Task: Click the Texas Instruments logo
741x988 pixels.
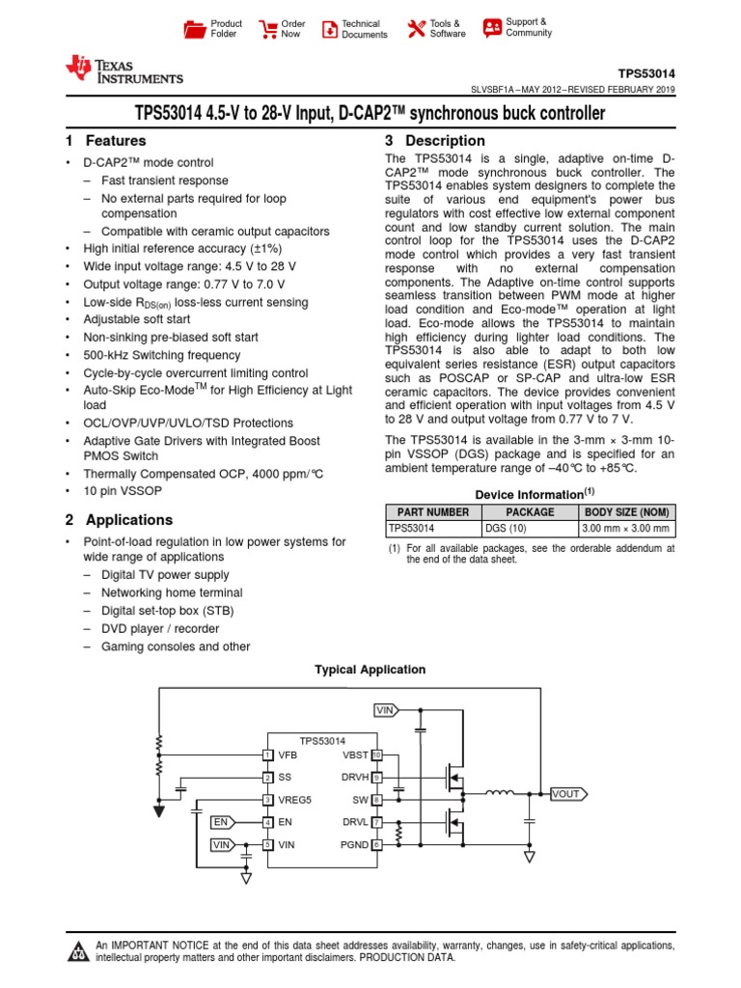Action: (123, 70)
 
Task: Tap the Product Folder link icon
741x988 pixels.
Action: (196, 29)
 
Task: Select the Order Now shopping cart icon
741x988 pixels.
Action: (267, 29)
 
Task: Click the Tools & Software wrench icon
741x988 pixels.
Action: (416, 29)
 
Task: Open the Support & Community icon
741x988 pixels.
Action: (492, 27)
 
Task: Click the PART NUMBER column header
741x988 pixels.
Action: (432, 512)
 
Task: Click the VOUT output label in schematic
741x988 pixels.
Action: (566, 795)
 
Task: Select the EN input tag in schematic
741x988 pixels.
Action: (220, 822)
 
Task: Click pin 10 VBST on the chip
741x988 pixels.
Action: (377, 755)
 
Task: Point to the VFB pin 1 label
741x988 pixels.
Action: (288, 755)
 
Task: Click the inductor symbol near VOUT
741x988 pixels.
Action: (500, 794)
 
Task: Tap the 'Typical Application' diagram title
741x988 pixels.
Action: (370, 670)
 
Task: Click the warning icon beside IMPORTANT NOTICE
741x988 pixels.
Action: (77, 953)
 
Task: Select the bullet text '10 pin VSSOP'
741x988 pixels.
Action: (122, 490)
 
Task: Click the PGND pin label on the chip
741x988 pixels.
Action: (354, 844)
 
